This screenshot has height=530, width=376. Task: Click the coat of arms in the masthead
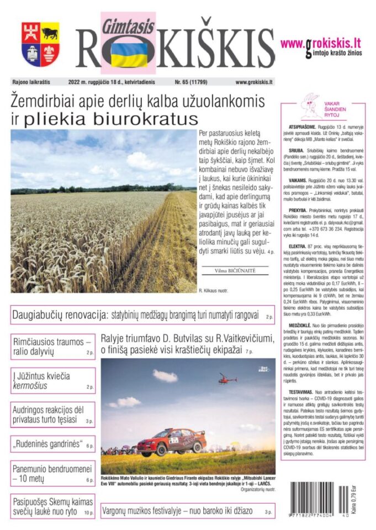40,44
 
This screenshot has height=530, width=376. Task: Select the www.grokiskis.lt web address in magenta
320,43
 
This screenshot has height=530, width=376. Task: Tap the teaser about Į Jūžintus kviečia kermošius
41,381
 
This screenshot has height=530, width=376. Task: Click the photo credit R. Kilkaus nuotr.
213,290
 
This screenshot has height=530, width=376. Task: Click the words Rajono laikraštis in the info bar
31,82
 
